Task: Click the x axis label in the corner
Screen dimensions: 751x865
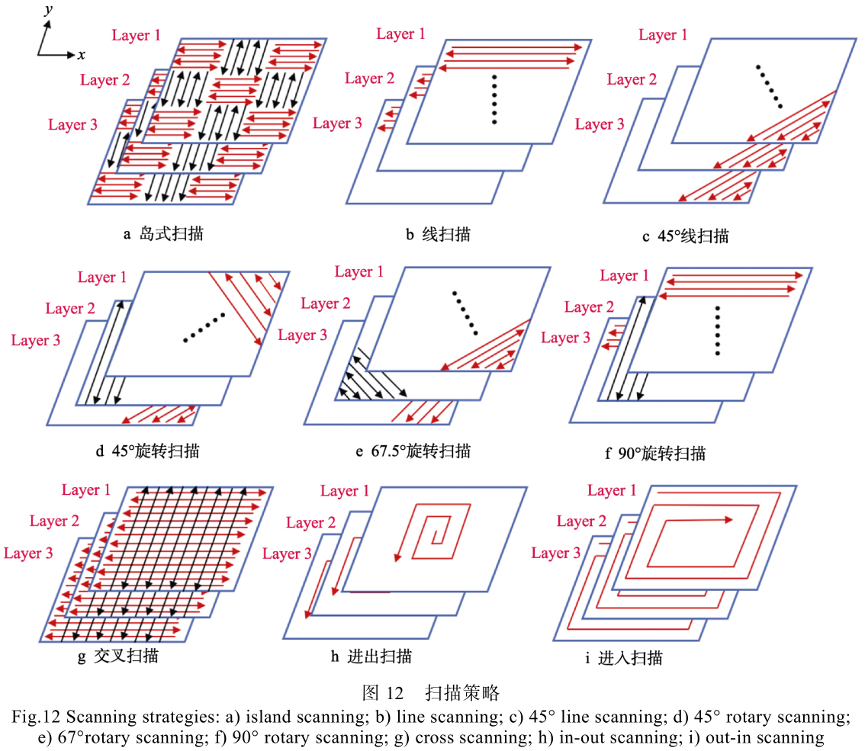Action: (81, 55)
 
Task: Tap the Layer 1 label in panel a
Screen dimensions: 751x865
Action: (137, 35)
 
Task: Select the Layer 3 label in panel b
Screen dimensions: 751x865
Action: (337, 124)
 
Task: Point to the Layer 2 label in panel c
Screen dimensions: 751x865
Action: (632, 79)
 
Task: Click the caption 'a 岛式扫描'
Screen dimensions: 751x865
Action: (163, 234)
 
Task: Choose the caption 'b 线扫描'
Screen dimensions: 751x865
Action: (438, 234)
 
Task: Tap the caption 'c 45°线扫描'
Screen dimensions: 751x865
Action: (685, 236)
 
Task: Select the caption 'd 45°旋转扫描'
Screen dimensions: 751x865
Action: (148, 451)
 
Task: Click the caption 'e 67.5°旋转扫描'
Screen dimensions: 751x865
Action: (413, 451)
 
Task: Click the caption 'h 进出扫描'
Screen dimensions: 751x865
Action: (371, 656)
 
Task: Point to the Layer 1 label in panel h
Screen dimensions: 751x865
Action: (345, 491)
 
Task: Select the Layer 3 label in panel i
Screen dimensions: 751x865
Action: (556, 553)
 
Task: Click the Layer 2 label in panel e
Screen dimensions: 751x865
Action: (326, 303)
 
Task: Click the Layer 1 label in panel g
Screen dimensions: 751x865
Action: (86, 490)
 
